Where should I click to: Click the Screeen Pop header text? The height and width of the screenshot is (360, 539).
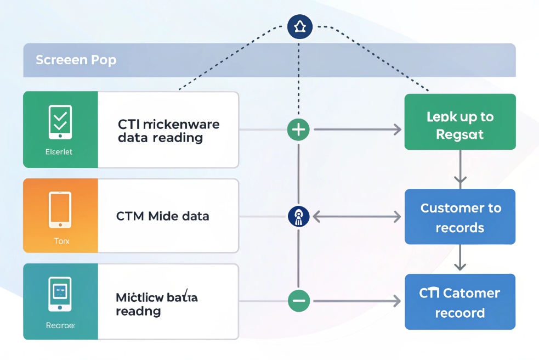coord(76,60)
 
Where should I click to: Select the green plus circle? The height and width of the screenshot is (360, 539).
coord(298,130)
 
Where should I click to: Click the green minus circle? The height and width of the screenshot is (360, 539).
coord(298,301)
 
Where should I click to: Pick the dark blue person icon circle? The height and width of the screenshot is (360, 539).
coord(298,216)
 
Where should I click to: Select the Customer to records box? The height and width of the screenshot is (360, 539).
coord(459,217)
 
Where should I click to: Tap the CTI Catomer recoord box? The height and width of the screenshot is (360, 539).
coord(459,302)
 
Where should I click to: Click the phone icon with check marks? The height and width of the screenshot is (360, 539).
coord(60,121)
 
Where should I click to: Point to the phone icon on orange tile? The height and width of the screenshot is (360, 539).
coord(60,209)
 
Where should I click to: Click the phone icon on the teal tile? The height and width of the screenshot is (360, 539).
coord(60,294)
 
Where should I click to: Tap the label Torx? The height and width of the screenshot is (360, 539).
coord(61,240)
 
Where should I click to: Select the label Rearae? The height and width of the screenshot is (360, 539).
coord(60,325)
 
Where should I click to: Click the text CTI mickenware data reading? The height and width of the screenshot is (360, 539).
coord(168,131)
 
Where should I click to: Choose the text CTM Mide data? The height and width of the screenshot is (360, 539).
coord(163,216)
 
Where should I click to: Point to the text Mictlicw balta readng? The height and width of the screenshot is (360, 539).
coord(157,305)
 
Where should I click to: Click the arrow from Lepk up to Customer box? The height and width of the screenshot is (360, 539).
coord(460,169)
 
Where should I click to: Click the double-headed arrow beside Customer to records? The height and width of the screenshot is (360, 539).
coord(356,217)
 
